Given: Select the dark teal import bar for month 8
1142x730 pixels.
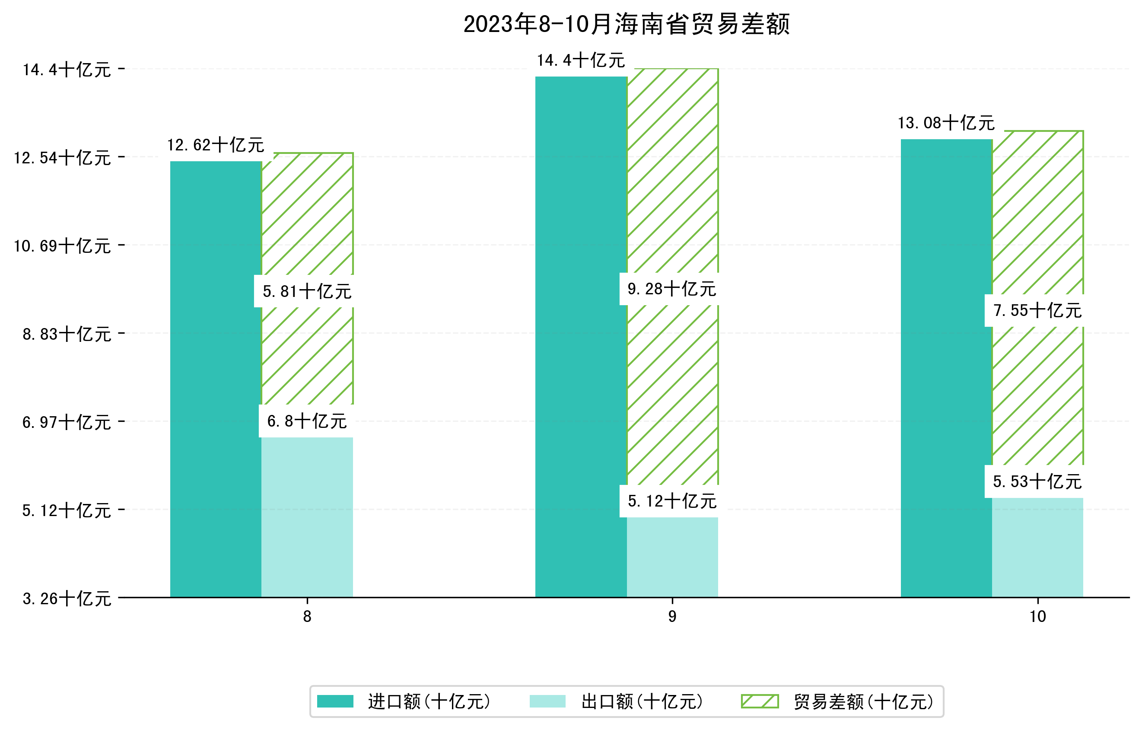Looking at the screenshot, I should pos(216,379).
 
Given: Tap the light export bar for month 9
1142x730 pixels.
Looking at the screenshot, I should pos(672,558).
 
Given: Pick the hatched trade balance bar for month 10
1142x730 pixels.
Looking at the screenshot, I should pos(1038,228).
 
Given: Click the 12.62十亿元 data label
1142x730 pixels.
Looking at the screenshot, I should pos(216,145).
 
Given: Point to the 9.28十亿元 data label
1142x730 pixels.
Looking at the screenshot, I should pos(671,289).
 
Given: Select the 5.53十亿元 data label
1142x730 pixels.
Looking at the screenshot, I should pos(1037,482).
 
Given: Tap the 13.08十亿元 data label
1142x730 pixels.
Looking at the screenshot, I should pos(946,123).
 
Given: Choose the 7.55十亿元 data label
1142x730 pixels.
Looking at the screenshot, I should pos(1037,311).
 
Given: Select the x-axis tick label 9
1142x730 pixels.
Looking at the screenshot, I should pos(672,617).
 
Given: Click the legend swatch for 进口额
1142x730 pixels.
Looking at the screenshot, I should pos(335,701).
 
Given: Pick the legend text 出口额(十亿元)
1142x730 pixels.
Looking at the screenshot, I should pos(642,701).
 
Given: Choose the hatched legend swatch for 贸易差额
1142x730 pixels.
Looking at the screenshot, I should pos(760,701).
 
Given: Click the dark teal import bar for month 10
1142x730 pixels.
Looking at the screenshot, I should pos(946,370).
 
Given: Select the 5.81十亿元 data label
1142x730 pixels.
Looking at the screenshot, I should pos(307,292).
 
